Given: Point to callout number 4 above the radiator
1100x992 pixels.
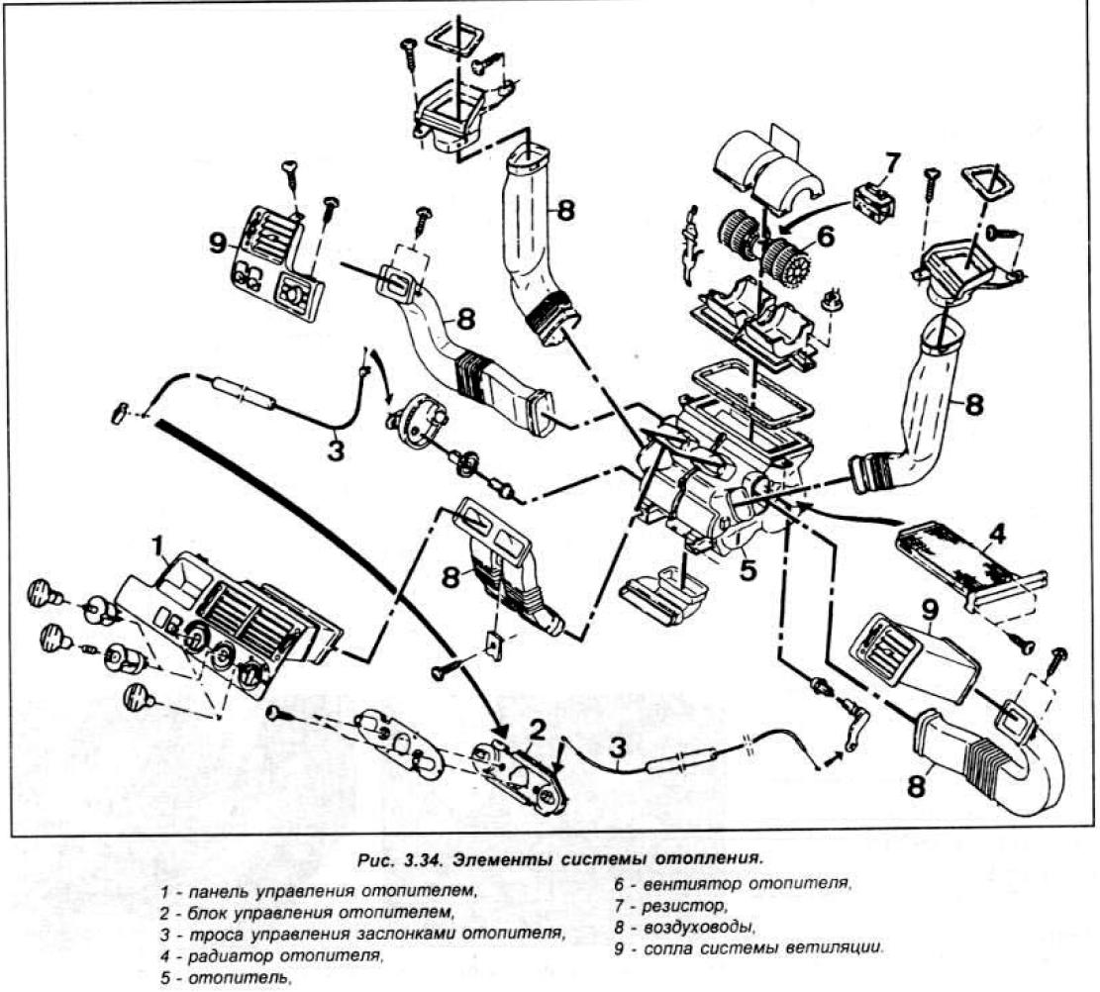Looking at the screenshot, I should (x=997, y=534).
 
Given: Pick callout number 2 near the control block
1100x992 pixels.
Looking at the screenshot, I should (x=537, y=731).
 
